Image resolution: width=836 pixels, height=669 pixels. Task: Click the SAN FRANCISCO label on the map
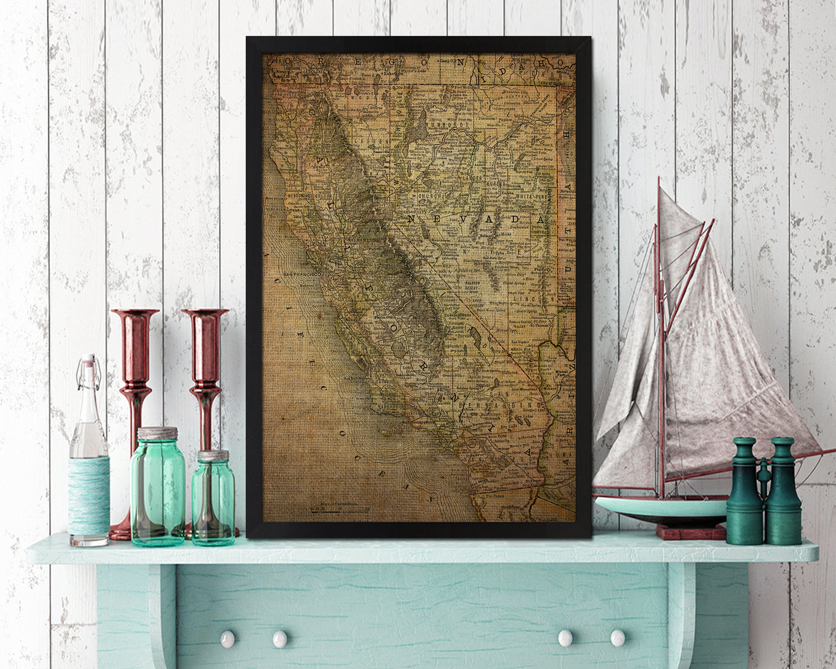coord(301,273)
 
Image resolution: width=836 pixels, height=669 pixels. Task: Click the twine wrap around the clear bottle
coord(89,495)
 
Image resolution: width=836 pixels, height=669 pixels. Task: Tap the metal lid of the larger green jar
coord(157,433)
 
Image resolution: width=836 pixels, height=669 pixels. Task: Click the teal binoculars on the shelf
coord(764,492)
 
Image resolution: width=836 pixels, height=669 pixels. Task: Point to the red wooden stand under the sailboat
coord(691,532)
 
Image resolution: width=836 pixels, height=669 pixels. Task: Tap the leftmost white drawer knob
coord(227,639)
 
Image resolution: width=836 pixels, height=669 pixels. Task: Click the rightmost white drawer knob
coord(617,638)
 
